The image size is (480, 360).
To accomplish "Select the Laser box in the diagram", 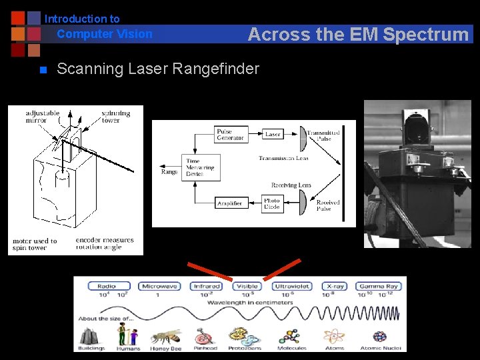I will pyautogui.click(x=273, y=134).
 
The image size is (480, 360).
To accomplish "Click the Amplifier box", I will pyautogui.click(x=230, y=203).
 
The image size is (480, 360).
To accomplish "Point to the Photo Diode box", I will pyautogui.click(x=272, y=202).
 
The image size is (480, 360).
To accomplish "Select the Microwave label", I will pyautogui.click(x=160, y=286).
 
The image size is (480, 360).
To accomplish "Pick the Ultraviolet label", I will pyautogui.click(x=292, y=286).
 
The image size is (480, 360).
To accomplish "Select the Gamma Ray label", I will pyautogui.click(x=378, y=286).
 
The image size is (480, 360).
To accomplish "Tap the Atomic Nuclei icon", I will pyautogui.click(x=380, y=336).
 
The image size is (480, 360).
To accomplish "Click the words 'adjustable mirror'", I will pyautogui.click(x=43, y=117).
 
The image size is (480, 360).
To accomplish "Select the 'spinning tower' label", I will pyautogui.click(x=115, y=117).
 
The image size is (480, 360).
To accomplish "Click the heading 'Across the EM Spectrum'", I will pyautogui.click(x=358, y=35).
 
